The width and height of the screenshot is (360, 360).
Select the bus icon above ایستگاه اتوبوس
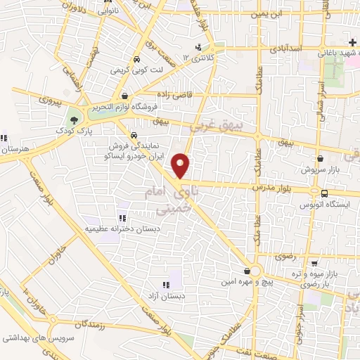tap(324, 175)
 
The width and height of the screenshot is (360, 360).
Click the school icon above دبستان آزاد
tap(166, 285)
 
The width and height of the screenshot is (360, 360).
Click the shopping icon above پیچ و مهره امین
tap(247, 270)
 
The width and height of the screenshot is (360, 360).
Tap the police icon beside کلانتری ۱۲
tap(200, 48)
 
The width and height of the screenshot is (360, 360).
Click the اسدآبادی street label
tap(284, 49)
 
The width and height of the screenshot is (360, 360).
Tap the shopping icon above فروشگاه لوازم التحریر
tap(124, 96)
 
